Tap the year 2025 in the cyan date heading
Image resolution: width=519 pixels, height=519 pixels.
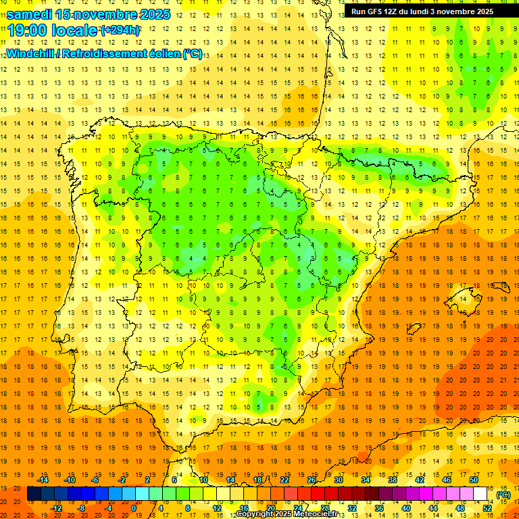click(153, 14)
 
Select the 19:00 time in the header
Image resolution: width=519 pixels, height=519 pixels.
click(26, 30)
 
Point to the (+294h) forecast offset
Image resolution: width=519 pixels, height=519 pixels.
click(120, 30)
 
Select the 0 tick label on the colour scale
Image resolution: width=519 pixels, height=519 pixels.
click(134, 508)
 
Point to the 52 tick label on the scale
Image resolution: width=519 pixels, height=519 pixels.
click(487, 508)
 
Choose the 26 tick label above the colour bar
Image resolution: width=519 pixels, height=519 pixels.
click(312, 480)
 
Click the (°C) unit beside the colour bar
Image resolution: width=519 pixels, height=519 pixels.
click(503, 494)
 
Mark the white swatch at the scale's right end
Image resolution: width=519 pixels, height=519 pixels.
click(480, 494)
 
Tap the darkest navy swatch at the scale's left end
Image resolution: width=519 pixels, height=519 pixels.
click(34, 494)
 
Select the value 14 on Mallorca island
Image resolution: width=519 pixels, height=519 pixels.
click(462, 299)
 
